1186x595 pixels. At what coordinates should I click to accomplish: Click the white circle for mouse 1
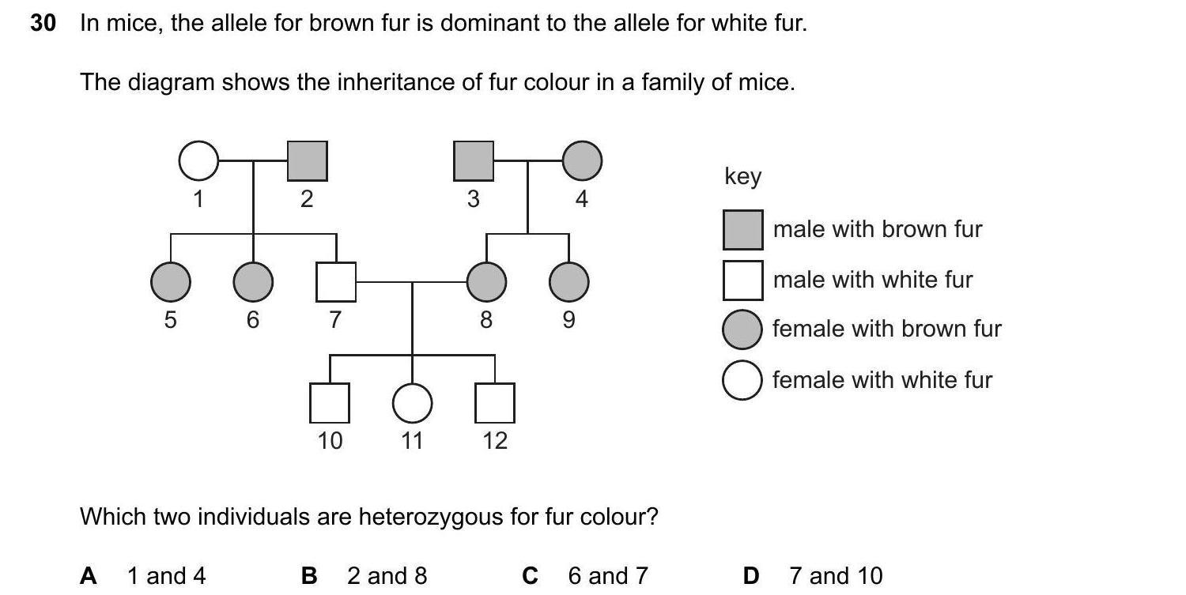(198, 161)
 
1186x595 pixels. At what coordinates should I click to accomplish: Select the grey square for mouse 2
(307, 161)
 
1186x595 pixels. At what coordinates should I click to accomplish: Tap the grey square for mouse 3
(474, 161)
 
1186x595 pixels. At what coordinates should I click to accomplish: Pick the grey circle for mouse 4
(582, 161)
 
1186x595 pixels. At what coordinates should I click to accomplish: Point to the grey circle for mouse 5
(170, 281)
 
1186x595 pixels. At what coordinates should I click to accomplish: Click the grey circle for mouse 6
(253, 281)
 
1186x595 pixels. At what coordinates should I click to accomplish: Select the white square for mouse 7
(335, 281)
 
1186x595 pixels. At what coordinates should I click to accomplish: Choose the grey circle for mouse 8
(486, 281)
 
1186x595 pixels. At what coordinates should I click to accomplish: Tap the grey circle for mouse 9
(568, 281)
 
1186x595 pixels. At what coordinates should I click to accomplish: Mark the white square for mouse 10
(330, 403)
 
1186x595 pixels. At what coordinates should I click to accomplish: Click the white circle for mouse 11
(412, 403)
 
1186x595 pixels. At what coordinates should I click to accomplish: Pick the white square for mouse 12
(494, 403)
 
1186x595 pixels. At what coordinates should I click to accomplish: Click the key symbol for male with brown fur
(742, 229)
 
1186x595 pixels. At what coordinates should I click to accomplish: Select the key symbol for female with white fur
(742, 380)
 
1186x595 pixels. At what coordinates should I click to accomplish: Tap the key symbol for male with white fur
(742, 280)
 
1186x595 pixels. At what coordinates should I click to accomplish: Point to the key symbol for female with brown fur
(742, 330)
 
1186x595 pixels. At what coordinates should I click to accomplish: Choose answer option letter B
(309, 576)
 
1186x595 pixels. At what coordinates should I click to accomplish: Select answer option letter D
(751, 576)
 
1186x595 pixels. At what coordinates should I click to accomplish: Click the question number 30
(43, 24)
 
